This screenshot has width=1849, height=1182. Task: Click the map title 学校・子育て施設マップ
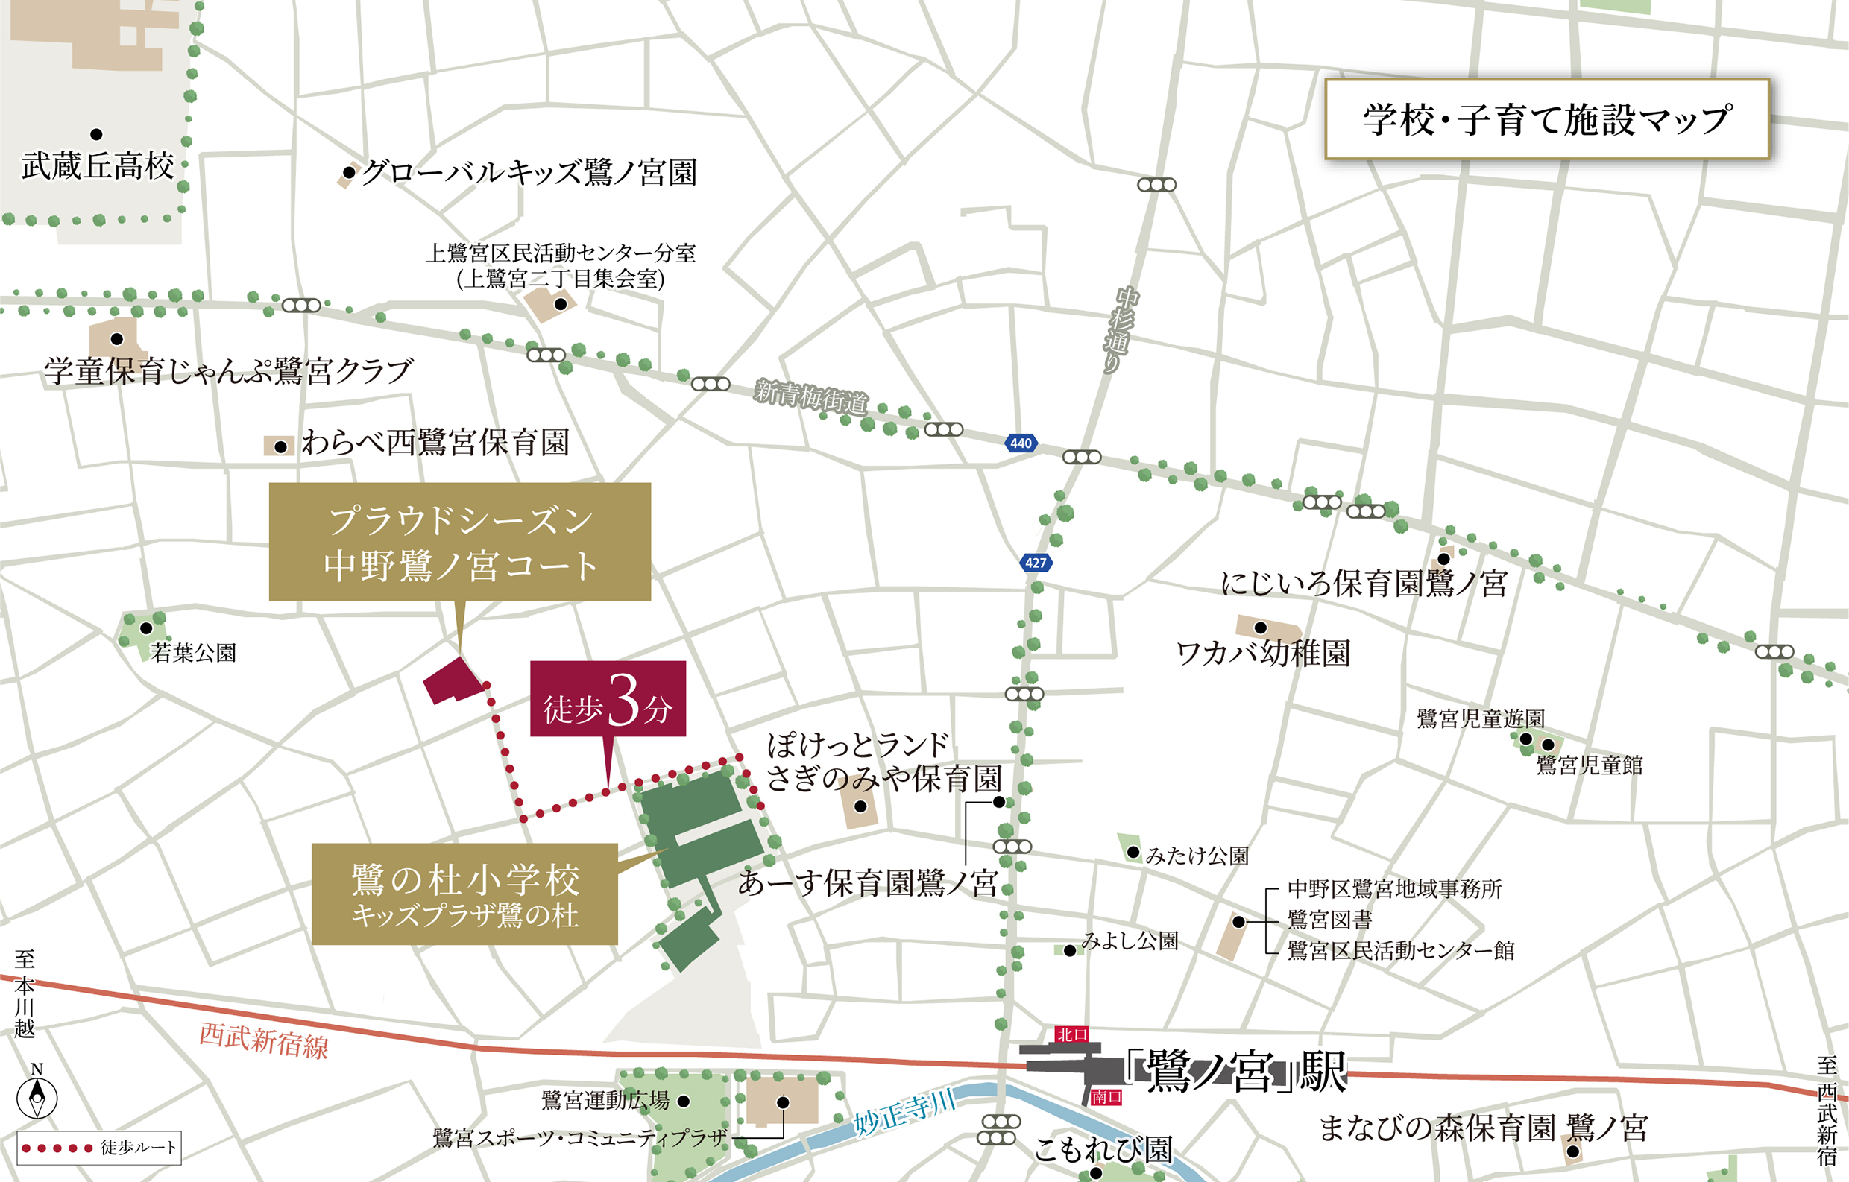tap(1546, 120)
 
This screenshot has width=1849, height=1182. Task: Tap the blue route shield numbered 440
tap(1021, 443)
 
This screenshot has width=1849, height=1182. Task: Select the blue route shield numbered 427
tap(1035, 563)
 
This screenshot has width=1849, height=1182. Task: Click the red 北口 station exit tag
tap(1071, 1034)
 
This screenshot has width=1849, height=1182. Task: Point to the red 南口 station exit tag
tap(1106, 1097)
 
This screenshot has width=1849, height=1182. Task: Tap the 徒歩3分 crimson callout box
tap(608, 698)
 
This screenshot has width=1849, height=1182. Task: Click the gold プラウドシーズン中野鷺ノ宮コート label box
tap(459, 542)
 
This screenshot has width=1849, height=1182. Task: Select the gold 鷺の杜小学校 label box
tap(464, 894)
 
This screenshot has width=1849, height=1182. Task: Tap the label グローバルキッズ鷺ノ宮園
tap(529, 173)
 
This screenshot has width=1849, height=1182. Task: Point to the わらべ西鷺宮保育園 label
tap(435, 443)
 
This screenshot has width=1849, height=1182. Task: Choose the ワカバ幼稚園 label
tap(1263, 654)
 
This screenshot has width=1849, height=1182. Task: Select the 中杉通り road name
tap(1120, 329)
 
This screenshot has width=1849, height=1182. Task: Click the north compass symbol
tap(37, 1097)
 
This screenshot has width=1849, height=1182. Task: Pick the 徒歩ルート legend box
tap(99, 1148)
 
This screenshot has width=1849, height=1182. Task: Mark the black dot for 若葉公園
tap(146, 628)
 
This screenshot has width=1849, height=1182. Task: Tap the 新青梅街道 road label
tap(811, 396)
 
